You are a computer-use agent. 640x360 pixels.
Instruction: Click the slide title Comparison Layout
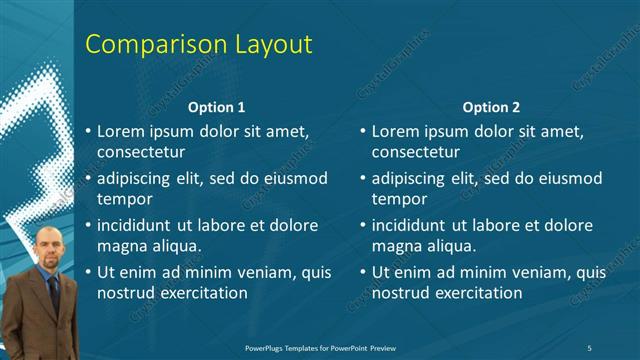point(198,44)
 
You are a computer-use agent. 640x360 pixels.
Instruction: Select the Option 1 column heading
point(216,107)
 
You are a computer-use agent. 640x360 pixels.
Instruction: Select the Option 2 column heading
point(491,107)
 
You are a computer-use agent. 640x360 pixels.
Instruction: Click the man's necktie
point(53,295)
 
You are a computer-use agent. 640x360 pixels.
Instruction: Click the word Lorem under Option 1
point(122,131)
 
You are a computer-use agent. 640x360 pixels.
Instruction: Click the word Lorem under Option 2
point(397,131)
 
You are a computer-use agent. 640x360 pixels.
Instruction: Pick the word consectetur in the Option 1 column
point(141,153)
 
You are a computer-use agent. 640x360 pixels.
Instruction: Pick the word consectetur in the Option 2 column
point(416,153)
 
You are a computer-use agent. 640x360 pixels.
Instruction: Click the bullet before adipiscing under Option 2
point(363,179)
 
